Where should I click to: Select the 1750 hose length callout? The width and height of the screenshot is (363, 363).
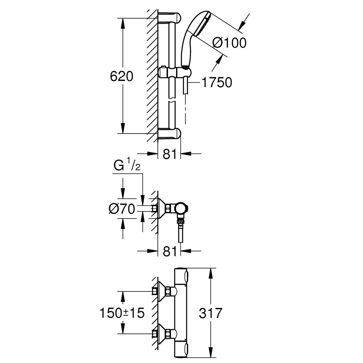click(216, 83)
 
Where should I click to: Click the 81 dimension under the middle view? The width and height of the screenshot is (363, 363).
click(170, 251)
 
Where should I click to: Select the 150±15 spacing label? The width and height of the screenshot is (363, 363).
click(122, 313)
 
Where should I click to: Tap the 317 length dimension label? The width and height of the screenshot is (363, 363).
click(211, 313)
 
